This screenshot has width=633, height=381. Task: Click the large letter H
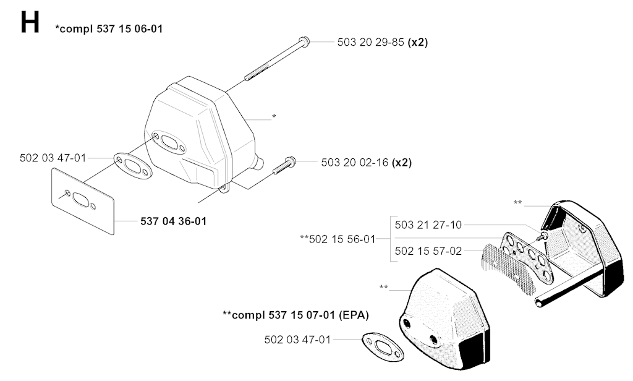29,23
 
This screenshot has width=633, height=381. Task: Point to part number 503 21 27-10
428,225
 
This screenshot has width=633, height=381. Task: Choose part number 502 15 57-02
428,251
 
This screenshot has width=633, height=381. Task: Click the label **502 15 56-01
338,239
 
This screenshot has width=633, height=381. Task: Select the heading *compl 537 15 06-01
109,28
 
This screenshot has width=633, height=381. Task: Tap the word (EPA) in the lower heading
355,315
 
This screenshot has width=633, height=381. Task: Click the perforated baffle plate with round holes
523,254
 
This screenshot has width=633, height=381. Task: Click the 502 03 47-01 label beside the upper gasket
53,158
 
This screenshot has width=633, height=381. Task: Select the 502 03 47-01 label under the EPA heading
297,340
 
